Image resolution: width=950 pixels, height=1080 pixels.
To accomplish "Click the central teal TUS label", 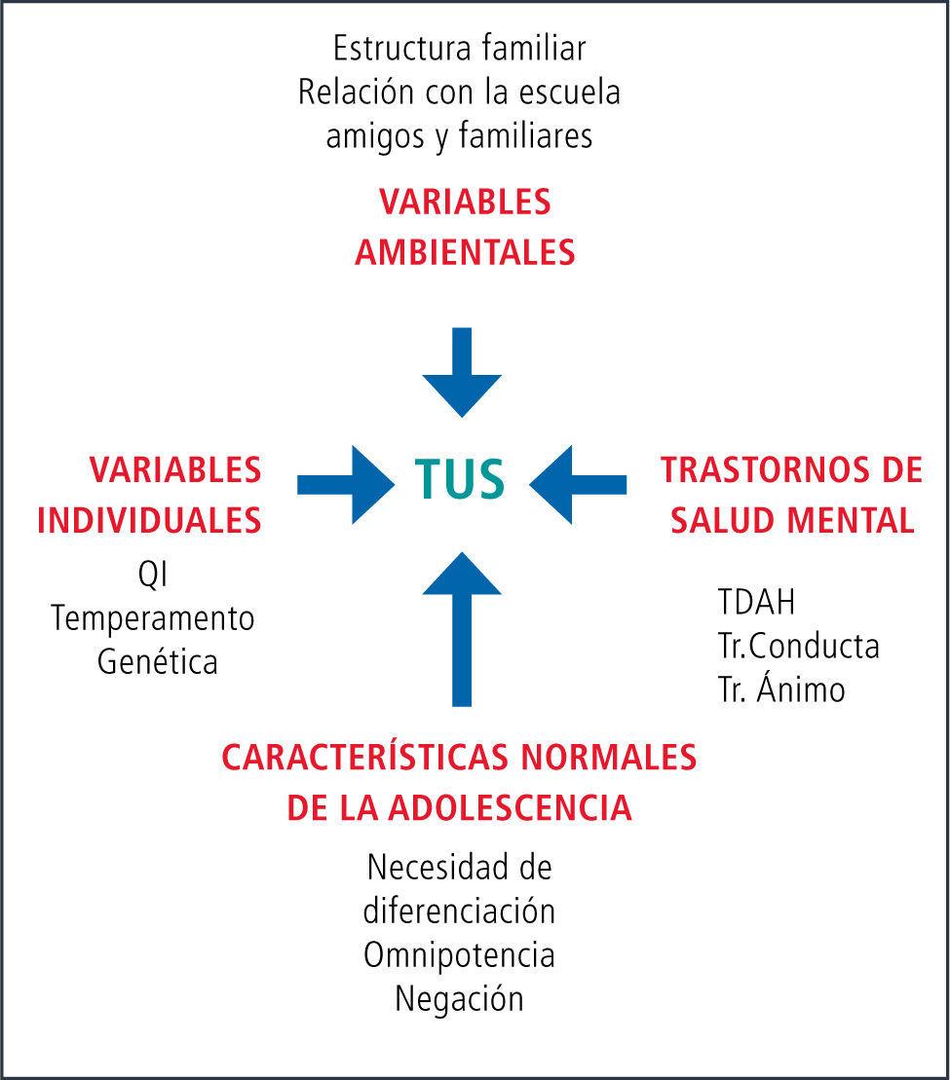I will coord(460,478).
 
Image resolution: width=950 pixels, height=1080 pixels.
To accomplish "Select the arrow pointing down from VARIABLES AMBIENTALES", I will coord(463,370).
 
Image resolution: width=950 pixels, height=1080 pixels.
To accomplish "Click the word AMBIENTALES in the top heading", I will coord(465,253).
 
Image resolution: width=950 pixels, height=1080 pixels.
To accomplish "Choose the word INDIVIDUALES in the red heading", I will coord(149,520).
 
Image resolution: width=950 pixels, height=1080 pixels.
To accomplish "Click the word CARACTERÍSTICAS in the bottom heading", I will coord(374,758).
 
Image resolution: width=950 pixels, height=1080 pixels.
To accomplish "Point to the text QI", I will coord(153,575).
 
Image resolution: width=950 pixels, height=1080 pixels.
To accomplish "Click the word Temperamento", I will coord(153,618).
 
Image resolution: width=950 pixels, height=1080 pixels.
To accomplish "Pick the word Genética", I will coord(158,663).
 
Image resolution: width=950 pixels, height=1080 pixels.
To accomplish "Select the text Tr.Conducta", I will coord(798,646).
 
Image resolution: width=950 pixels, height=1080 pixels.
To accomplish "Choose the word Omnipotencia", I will coord(459,954).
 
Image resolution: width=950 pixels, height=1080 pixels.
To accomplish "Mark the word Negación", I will coord(459,998).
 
